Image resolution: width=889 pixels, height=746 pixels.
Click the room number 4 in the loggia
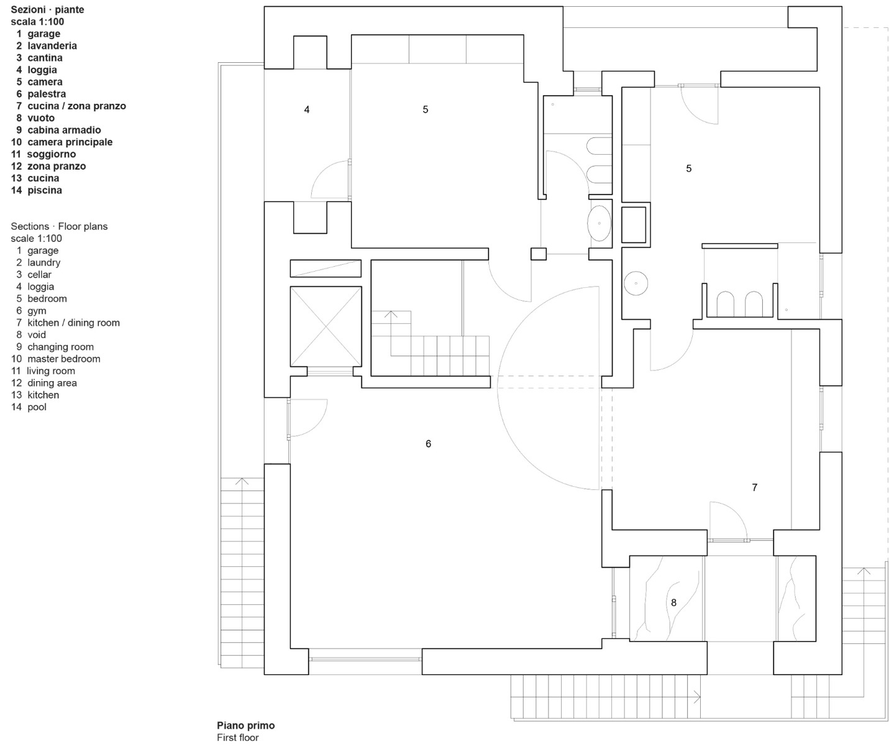click(307, 109)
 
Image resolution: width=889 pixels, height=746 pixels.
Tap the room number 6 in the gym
click(428, 444)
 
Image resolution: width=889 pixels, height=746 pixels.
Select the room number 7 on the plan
click(755, 487)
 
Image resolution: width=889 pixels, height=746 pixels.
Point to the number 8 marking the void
click(673, 602)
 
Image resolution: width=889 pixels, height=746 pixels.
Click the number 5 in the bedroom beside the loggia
click(426, 109)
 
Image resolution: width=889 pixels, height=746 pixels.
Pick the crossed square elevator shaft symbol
click(326, 326)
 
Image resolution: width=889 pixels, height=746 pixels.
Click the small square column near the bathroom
click(538, 254)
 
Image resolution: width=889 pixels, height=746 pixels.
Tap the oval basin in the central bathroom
click(600, 223)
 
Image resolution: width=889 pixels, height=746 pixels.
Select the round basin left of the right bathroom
click(636, 283)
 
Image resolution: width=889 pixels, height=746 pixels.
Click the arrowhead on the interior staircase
click(391, 314)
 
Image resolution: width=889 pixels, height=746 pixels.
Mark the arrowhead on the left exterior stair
click(242, 481)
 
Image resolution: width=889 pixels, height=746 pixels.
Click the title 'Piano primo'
click(245, 725)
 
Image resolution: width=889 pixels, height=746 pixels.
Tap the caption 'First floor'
click(237, 737)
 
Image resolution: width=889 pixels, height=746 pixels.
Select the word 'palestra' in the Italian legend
click(47, 94)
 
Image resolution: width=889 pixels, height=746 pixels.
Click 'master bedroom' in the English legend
click(63, 359)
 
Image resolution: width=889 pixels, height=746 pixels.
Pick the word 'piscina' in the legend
click(45, 190)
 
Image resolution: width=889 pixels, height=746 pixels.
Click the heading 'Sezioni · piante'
click(47, 10)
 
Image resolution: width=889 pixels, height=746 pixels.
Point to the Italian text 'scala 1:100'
click(37, 22)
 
